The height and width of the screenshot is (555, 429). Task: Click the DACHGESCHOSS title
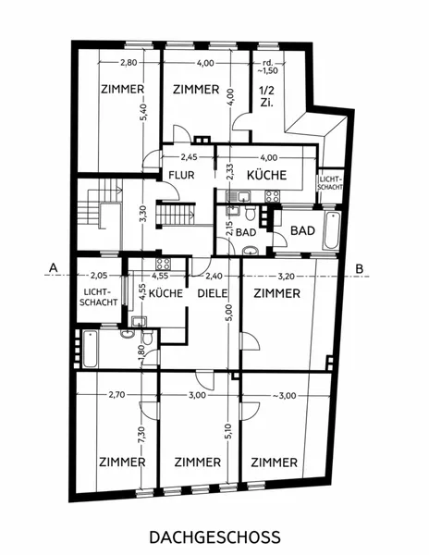pos(214,536)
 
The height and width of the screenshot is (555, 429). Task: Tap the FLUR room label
pos(181,175)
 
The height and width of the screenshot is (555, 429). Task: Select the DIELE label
pos(213,293)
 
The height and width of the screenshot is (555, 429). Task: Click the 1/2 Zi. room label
pos(267,96)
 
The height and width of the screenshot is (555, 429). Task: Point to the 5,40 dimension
pos(143,113)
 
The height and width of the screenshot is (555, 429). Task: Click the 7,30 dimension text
pos(142,435)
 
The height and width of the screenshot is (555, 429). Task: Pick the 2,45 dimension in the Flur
pos(190,157)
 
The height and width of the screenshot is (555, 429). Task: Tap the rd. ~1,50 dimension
pos(268,67)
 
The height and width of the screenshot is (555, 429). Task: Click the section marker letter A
pos(53,267)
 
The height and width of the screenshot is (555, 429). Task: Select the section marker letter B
pos(360,268)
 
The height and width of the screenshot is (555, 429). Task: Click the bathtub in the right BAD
pos(332,230)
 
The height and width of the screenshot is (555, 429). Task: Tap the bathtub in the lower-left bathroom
pos(90,349)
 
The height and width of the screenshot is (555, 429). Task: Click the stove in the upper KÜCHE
pos(273,196)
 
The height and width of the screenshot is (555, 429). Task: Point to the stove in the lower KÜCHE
pos(163,264)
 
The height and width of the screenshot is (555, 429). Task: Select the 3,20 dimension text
pos(286,276)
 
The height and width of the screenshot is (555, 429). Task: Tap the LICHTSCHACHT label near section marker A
pos(98,297)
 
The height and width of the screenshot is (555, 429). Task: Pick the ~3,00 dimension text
pos(285,395)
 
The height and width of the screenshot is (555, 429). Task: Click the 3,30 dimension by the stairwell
pos(143,215)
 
